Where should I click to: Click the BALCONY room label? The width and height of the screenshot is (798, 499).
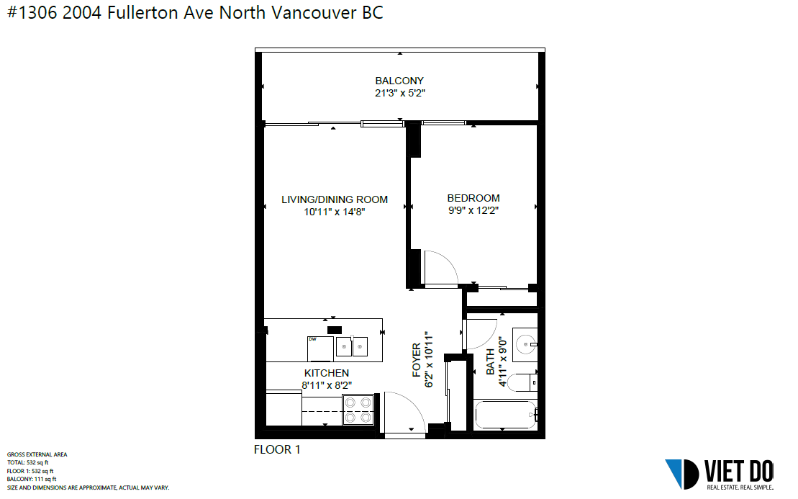click(399, 81)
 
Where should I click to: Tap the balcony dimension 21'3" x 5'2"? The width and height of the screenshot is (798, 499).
click(400, 93)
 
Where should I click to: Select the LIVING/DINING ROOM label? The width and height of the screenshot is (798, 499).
click(335, 199)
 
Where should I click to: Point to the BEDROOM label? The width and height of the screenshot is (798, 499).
click(473, 198)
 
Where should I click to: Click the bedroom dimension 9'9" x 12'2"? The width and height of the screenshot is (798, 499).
click(473, 210)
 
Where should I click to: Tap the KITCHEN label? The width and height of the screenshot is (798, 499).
click(327, 373)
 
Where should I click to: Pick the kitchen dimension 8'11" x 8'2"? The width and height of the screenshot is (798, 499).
click(327, 385)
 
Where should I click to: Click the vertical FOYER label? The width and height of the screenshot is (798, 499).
click(417, 360)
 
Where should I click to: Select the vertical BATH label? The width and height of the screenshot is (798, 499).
click(490, 361)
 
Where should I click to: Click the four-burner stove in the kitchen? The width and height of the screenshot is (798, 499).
click(358, 410)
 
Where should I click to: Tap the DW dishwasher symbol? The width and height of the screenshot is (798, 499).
click(321, 349)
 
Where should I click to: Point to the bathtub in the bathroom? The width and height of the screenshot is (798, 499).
click(505, 415)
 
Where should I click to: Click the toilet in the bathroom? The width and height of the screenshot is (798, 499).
click(522, 382)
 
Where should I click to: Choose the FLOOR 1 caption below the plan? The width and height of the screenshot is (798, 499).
click(277, 449)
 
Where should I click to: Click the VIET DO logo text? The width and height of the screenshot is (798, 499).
click(739, 472)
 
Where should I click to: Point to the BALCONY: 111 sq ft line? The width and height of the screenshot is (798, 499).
click(32, 479)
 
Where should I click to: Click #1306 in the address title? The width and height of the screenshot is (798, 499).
click(32, 13)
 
